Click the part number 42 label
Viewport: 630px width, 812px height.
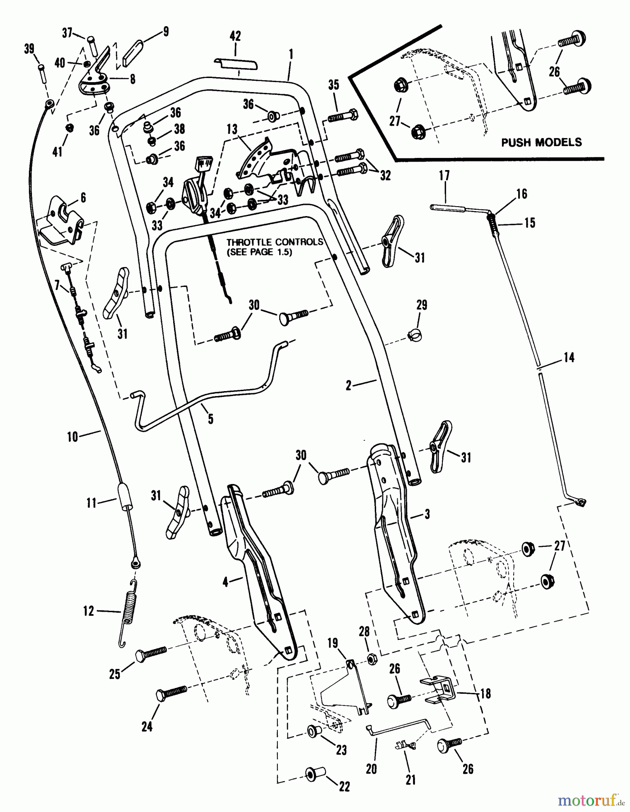[235, 37]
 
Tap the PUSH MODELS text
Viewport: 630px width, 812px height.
[541, 143]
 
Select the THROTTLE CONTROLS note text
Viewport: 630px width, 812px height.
[275, 247]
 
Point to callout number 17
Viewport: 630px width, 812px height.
[444, 175]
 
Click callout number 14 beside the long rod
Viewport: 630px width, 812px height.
[569, 358]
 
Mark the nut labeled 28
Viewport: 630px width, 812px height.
[371, 660]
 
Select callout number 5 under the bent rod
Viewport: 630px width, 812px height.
[210, 419]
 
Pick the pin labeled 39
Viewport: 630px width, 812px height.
[42, 73]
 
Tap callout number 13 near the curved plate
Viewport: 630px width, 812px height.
[232, 130]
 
